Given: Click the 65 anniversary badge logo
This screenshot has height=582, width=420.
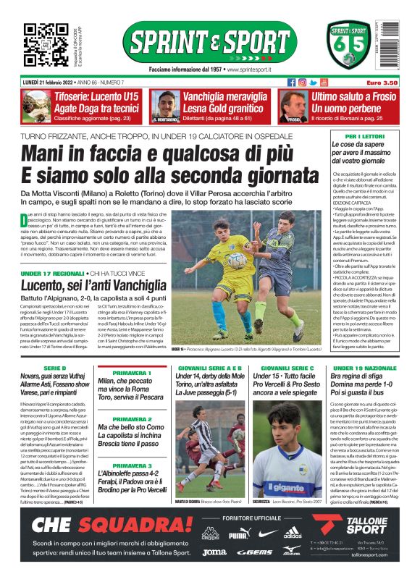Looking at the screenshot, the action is [x=345, y=45].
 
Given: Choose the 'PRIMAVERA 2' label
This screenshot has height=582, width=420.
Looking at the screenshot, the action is [x=132, y=419].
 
